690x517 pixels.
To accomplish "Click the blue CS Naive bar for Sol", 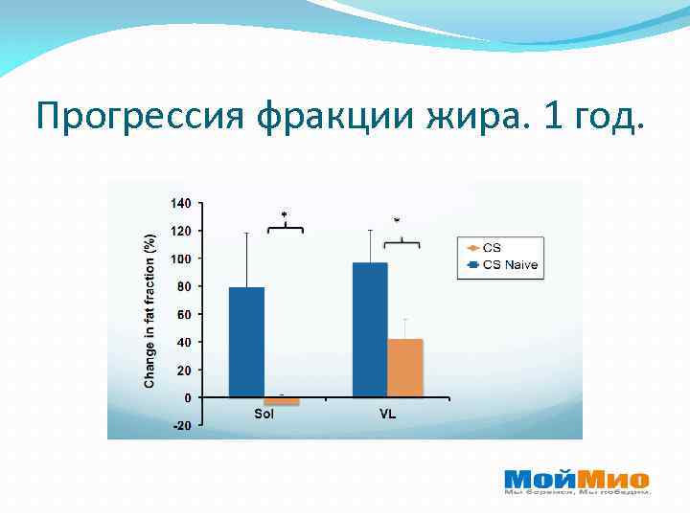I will pos(246,342).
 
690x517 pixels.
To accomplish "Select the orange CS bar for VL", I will pos(404,368).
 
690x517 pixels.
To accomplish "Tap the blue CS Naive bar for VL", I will pos(370,329).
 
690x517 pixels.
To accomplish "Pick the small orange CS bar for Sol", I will pos(282,401).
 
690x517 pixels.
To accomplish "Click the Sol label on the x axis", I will pos(264,415).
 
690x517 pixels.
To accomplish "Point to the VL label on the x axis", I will pos(387,415).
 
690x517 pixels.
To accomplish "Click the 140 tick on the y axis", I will pos(181,203).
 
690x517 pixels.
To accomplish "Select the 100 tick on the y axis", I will pos(181,258).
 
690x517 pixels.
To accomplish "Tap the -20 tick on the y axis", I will pos(181,425).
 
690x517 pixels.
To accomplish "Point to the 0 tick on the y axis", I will pos(187,397).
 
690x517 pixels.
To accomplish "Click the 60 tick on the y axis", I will pos(184,314).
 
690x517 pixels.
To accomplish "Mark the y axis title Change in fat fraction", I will pos(149,310).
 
